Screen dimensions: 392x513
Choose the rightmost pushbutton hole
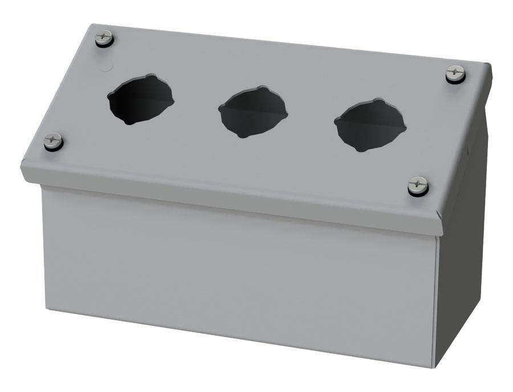click(x=370, y=125)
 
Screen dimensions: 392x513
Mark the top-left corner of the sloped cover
click(x=92, y=26)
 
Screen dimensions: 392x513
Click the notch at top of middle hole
click(x=260, y=88)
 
